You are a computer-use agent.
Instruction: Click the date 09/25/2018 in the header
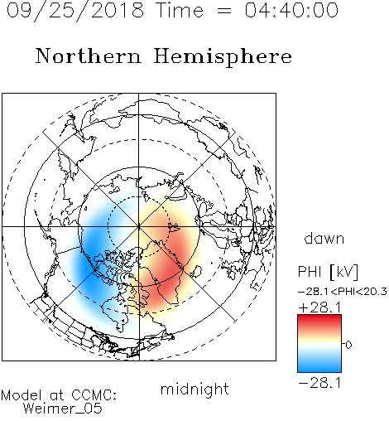click(x=75, y=10)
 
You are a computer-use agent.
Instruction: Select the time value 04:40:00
click(x=291, y=10)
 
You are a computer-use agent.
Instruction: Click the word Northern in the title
click(x=89, y=56)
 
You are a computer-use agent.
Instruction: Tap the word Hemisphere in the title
click(x=223, y=57)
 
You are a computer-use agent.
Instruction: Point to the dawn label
click(x=324, y=238)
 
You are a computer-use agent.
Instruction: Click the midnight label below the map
click(x=194, y=390)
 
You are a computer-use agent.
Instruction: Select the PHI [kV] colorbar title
click(x=328, y=272)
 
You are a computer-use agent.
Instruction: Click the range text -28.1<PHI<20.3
click(x=342, y=292)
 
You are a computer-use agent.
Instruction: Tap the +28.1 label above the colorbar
click(x=320, y=307)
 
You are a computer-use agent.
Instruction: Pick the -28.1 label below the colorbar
click(x=320, y=383)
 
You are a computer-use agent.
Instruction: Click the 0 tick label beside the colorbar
click(x=348, y=345)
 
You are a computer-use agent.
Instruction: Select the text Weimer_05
click(x=62, y=409)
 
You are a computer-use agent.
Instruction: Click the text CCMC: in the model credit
click(x=94, y=395)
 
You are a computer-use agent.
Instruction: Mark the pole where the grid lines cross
click(x=139, y=226)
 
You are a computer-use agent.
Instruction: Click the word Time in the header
click(x=180, y=10)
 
